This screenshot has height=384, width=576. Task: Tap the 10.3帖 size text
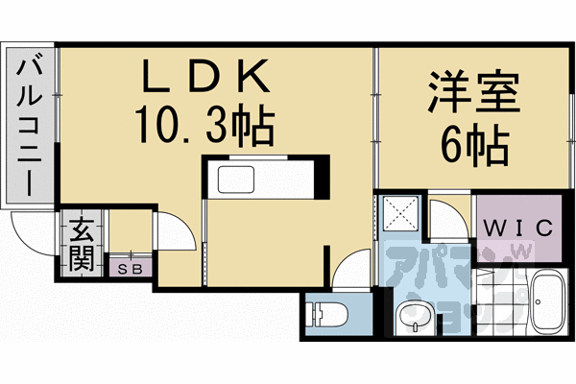tap(204, 124)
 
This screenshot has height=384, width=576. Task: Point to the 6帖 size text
tap(474, 144)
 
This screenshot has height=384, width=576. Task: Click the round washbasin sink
tap(413, 315)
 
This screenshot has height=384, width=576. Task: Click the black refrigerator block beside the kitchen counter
tap(324, 180)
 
